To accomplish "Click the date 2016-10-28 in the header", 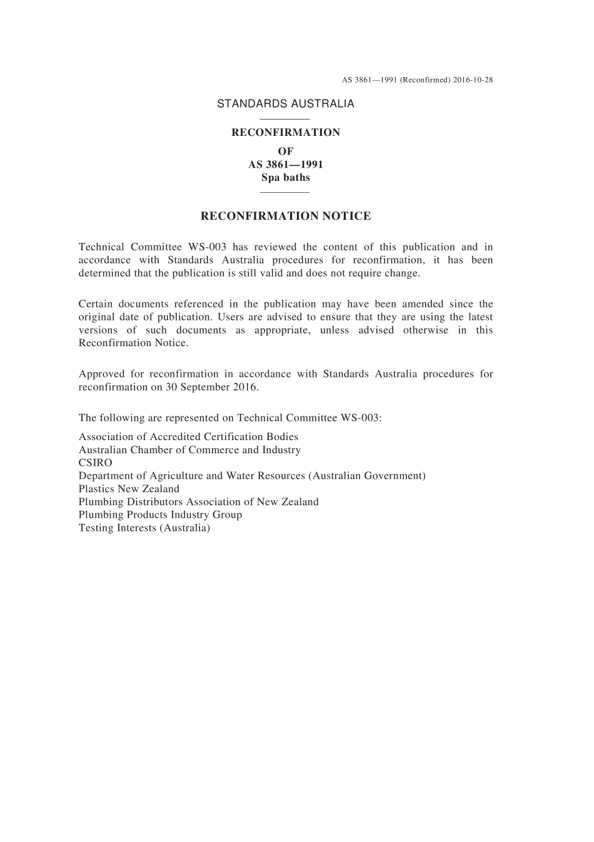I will coord(471,80).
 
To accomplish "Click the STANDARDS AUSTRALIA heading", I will coord(285,104).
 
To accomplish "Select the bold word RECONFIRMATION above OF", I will coord(286,133).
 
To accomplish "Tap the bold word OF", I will coord(285,151).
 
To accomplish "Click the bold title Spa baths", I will coord(285,177).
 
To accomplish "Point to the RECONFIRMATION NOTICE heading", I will coord(285,216).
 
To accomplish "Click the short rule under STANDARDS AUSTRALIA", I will coord(284,119).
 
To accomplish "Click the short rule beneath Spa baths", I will coord(284,192).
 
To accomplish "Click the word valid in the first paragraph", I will coord(270,273).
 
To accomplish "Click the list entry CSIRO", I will coord(95,463).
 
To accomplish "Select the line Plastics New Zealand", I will coord(129,489).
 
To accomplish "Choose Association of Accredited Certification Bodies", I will coord(188,437).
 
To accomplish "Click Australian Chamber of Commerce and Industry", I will coord(189,450).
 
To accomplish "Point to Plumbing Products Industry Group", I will coord(160,515).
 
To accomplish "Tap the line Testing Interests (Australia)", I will coord(144,528).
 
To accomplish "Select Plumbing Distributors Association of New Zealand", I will coord(198,502).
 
